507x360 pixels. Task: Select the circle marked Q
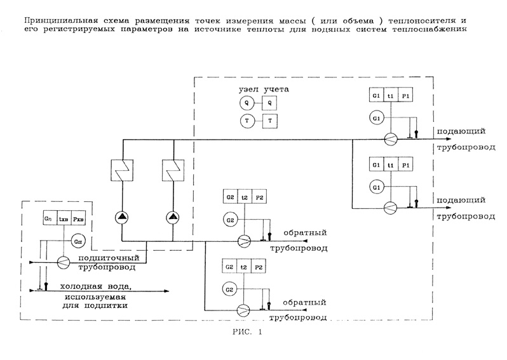tap(246, 103)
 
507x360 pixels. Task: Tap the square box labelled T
tap(270, 121)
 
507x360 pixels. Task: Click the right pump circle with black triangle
tap(173, 218)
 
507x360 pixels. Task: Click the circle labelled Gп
tap(77, 241)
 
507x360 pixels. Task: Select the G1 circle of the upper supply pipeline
tap(377, 118)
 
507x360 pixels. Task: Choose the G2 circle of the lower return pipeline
tap(229, 290)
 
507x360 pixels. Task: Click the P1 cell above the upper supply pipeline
tap(407, 96)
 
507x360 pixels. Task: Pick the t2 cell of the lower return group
tap(245, 267)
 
